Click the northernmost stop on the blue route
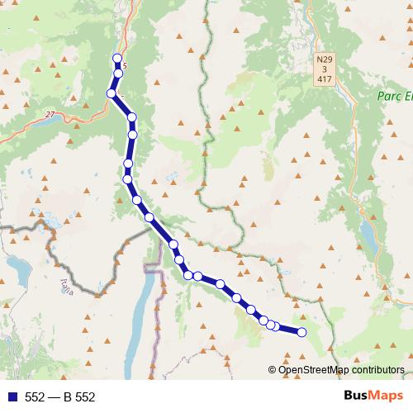(x=117, y=59)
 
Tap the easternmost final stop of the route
(x=301, y=332)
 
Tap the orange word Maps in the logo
(x=386, y=396)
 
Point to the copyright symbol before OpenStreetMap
(x=273, y=370)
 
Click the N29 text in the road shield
(x=325, y=60)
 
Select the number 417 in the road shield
(x=325, y=80)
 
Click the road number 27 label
(x=50, y=114)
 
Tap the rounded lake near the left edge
(x=17, y=265)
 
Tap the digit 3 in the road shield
(x=325, y=70)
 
